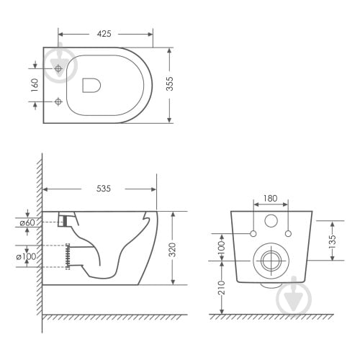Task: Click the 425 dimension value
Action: click(104, 34)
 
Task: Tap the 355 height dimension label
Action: click(170, 84)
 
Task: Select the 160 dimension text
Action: click(35, 85)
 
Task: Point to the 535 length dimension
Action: click(104, 189)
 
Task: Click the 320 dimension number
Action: click(172, 250)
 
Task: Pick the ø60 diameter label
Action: click(27, 223)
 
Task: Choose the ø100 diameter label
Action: click(26, 257)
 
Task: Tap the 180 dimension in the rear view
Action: click(271, 199)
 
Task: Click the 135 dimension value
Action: click(332, 241)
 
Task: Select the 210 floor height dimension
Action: click(222, 287)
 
